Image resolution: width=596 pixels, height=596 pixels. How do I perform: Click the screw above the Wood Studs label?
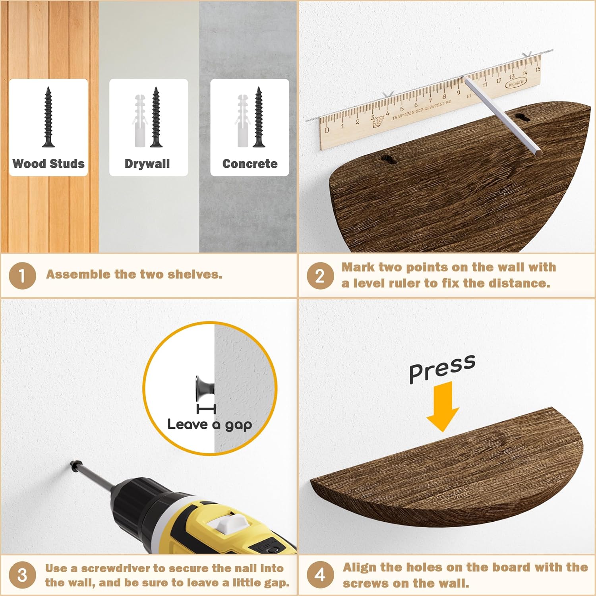48,117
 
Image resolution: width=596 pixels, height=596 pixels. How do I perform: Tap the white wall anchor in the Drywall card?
140,121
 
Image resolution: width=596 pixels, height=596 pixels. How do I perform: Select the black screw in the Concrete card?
259,117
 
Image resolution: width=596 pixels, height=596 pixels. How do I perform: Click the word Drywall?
147,164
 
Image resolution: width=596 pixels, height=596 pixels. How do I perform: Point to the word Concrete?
250,164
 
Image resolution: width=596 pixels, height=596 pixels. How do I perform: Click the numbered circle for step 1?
22,275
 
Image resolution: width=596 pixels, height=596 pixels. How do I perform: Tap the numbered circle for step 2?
320,275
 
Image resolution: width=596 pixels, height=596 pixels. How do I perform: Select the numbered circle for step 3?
22,575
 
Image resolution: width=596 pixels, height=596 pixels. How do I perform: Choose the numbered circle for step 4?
320,575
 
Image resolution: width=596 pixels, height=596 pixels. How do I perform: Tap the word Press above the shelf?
442,369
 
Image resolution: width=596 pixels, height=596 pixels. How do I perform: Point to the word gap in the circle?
238,426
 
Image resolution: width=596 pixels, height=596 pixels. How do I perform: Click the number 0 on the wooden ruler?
327,130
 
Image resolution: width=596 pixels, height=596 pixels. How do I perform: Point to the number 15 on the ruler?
538,69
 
